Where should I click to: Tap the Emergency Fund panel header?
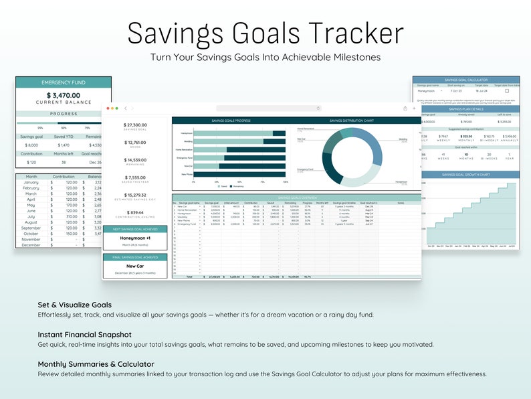pos(64,82)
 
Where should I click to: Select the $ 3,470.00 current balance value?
pos(64,96)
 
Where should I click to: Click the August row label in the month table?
pos(31,222)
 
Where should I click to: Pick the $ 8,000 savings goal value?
pos(31,145)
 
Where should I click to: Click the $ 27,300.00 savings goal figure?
pos(135,125)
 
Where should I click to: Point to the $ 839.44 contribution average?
pos(135,212)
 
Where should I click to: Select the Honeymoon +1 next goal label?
pos(135,238)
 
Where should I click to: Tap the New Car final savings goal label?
pos(135,266)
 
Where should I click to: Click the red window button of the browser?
pos(107,108)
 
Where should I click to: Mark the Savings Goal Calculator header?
pos(466,80)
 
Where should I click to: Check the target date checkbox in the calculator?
pos(506,91)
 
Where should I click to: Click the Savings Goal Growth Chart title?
pos(466,175)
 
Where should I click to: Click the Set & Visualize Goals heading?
pos(75,305)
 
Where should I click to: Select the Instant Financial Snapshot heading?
pos(84,334)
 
